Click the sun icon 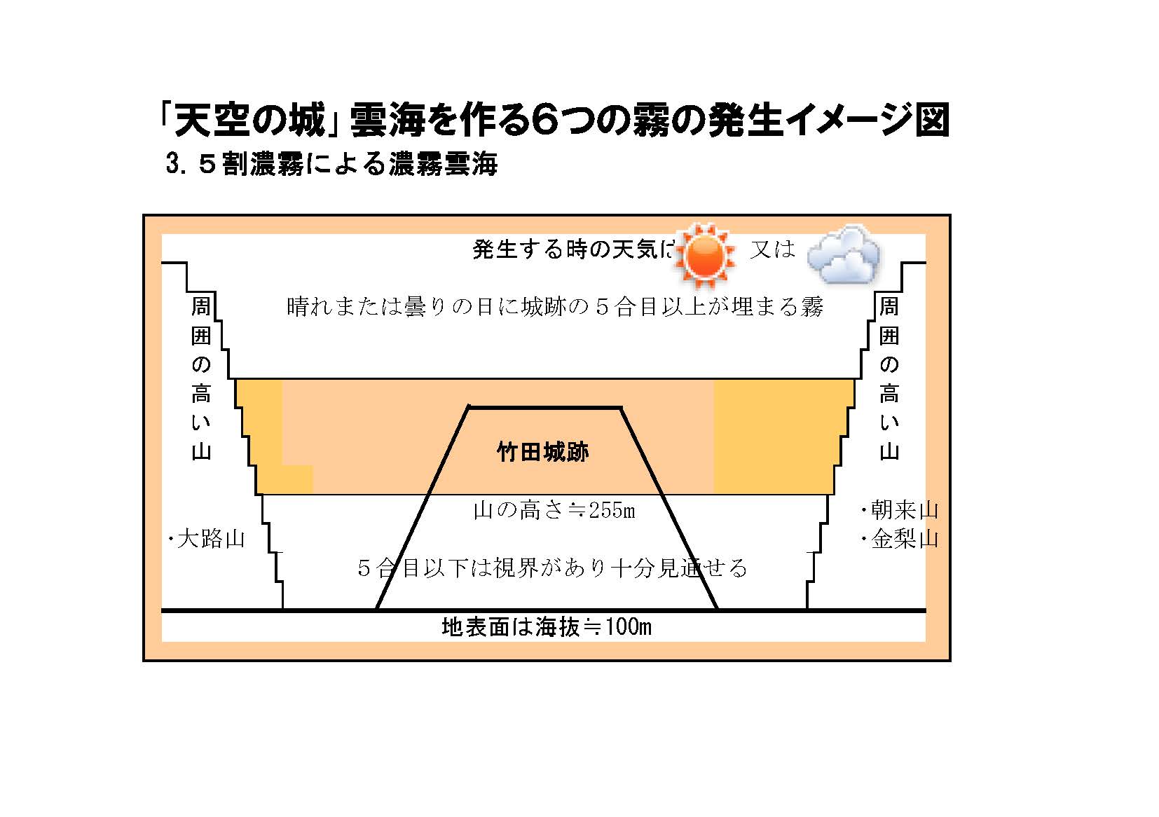click(x=705, y=256)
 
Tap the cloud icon click(x=844, y=254)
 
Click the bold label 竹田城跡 click(x=543, y=452)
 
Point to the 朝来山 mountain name click(x=905, y=509)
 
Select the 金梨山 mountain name click(x=905, y=539)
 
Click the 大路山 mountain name click(x=211, y=539)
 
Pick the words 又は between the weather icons click(x=772, y=249)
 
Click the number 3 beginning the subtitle click(x=172, y=163)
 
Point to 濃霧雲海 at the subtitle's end click(x=444, y=163)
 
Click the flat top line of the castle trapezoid click(x=545, y=408)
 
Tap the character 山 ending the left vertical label click(x=201, y=452)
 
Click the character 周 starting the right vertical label click(x=889, y=306)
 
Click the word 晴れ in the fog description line click(x=310, y=307)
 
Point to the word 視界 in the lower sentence click(x=516, y=568)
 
